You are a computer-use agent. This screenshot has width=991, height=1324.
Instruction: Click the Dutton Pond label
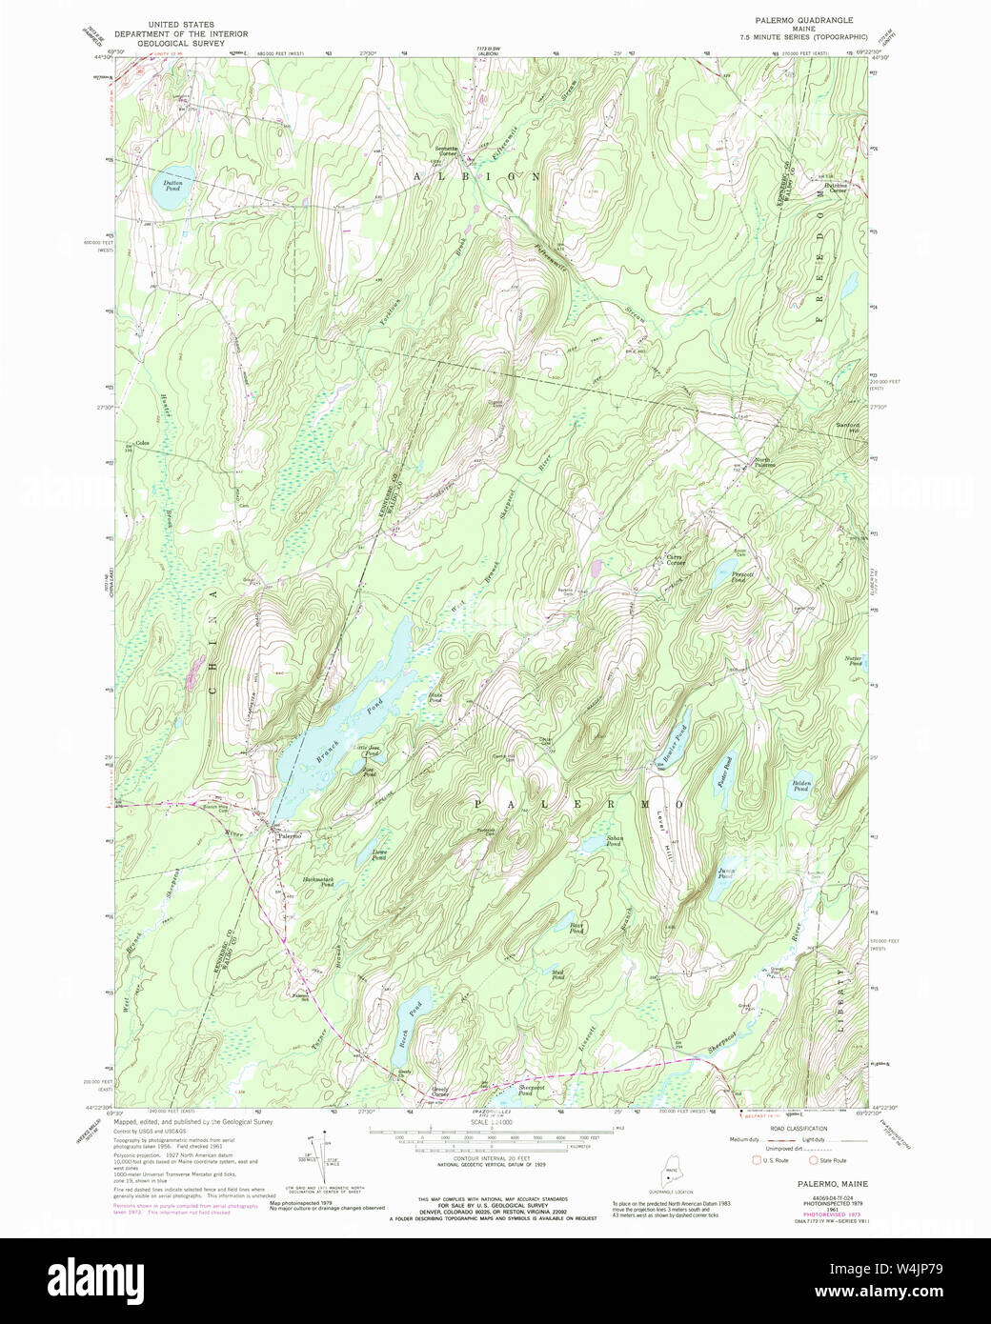[x=172, y=187]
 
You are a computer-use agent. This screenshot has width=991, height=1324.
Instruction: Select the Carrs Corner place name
[x=675, y=559]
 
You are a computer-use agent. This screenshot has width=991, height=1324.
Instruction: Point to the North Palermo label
[x=764, y=462]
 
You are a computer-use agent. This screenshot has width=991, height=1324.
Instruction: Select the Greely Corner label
[x=440, y=1091]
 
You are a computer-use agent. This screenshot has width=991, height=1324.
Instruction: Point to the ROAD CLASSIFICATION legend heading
[x=795, y=1129]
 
